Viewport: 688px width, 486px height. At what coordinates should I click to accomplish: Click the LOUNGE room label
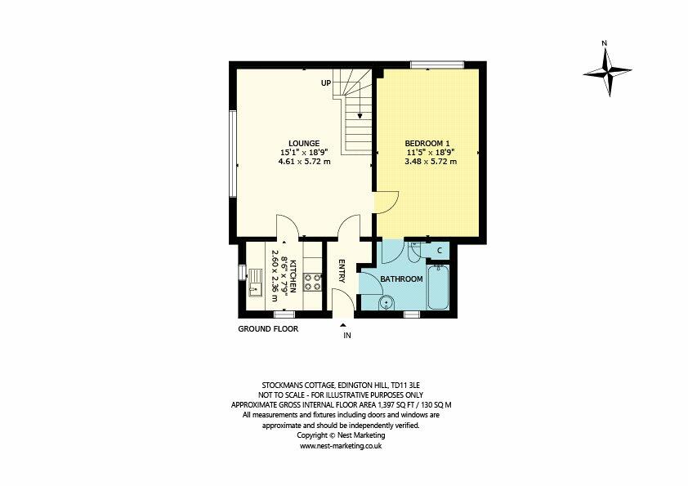coord(303,143)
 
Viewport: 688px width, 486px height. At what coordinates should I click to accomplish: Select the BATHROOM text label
coord(403,279)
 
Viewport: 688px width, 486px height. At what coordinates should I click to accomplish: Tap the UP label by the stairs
coord(325,83)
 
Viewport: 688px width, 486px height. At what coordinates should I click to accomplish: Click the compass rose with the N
coord(606,70)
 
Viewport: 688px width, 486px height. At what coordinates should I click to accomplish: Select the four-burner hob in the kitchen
coord(311,281)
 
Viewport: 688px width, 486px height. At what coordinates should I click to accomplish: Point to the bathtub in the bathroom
coord(438,286)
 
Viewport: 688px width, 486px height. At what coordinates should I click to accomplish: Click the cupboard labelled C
coord(439,250)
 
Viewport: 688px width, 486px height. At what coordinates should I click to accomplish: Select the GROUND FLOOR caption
coord(268,329)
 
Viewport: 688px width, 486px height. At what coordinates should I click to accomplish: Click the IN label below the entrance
coord(346,336)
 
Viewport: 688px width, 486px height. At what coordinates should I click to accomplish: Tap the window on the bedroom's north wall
coord(437,65)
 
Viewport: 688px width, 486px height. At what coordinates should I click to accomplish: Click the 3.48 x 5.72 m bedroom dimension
coord(430,162)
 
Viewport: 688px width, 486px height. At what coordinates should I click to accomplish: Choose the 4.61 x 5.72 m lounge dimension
coord(304,162)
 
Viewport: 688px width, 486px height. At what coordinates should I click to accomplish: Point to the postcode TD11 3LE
coord(407,383)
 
